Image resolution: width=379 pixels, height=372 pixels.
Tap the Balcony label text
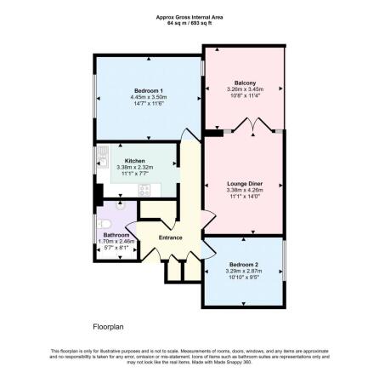pos(245,83)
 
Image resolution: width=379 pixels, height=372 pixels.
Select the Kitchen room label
pos(135,161)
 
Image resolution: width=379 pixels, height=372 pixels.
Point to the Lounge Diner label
pos(245,183)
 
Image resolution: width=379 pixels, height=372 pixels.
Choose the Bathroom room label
pos(116,235)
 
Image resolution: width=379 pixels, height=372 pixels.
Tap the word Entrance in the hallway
pos(171,238)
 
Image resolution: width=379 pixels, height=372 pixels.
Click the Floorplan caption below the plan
pos(108,325)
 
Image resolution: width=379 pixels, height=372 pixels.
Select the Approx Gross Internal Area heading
pos(189,17)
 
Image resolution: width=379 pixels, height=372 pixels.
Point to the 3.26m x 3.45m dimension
pos(245,89)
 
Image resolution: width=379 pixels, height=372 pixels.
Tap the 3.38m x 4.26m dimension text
pos(245,189)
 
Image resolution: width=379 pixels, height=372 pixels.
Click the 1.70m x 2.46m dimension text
pos(116,241)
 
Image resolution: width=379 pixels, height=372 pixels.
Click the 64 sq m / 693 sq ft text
pos(189,22)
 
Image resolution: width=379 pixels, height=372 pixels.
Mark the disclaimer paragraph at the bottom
pos(189,355)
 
